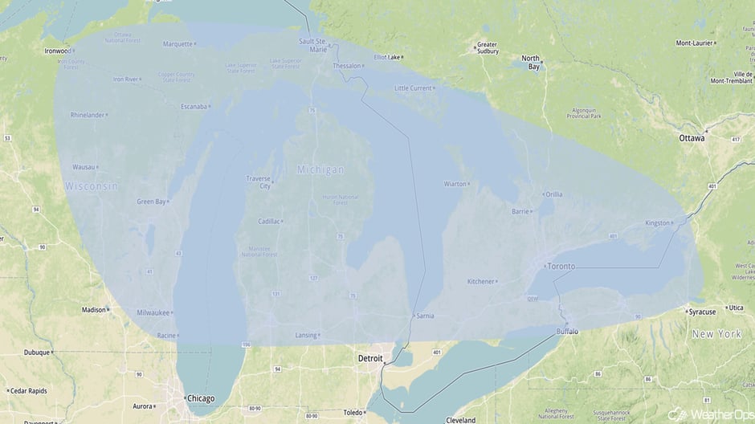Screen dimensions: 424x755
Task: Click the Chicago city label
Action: click(200, 398)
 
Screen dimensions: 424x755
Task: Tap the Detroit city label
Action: click(370, 357)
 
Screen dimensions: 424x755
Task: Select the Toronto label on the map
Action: click(561, 266)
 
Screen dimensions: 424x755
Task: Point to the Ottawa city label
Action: click(692, 138)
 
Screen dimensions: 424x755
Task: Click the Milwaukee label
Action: click(153, 312)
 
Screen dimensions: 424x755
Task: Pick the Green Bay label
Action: click(151, 202)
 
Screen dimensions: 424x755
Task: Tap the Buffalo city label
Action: click(566, 331)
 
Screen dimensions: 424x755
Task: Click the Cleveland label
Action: click(461, 419)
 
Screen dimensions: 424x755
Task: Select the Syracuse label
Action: click(701, 311)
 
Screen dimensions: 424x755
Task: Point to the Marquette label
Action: click(178, 44)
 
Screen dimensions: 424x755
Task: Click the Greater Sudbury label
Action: click(487, 49)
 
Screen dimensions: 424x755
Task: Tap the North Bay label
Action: click(531, 62)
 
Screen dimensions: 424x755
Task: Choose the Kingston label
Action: click(657, 223)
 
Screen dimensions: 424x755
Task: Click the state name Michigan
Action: click(320, 169)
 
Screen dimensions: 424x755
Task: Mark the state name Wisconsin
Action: click(92, 186)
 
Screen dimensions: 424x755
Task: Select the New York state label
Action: click(716, 333)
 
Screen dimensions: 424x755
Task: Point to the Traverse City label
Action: click(258, 182)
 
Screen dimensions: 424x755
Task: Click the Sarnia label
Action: click(425, 316)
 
